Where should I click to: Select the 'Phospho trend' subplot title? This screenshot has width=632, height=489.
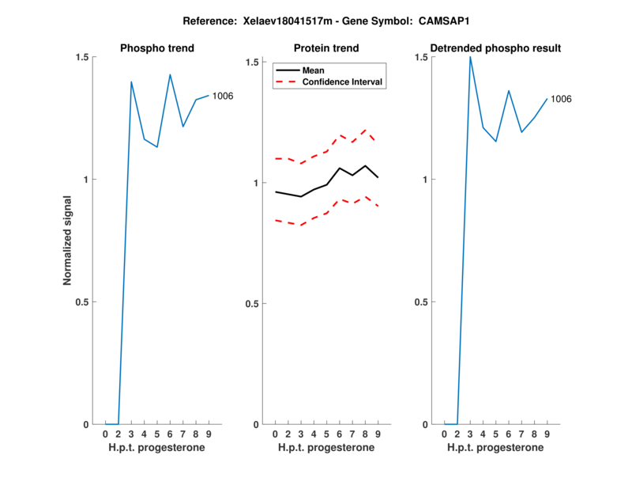157,48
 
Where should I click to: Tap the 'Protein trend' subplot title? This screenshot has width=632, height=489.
327,48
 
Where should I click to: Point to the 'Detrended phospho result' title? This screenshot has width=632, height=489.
495,48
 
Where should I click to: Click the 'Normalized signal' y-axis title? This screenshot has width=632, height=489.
68,241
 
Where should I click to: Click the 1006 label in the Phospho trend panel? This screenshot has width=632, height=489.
224,97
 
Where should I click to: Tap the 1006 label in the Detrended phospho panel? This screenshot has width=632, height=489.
561,100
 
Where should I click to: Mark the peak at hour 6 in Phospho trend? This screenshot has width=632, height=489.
170,74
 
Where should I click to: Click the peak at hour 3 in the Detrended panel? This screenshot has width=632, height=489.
470,56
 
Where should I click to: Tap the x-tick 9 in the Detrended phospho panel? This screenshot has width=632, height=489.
547,434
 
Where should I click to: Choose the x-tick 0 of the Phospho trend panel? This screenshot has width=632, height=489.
106,434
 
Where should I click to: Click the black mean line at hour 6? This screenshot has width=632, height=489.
340,168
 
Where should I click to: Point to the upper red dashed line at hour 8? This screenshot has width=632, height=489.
365,129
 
